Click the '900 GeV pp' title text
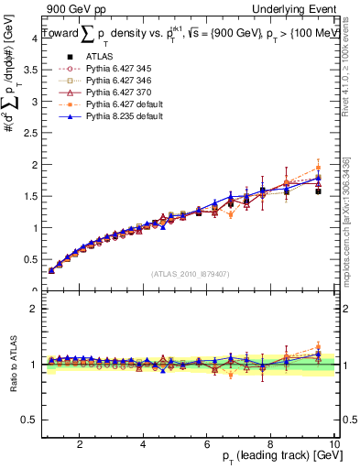click(71, 9)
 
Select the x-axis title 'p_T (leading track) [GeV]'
click(274, 458)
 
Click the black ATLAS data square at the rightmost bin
click(318, 191)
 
